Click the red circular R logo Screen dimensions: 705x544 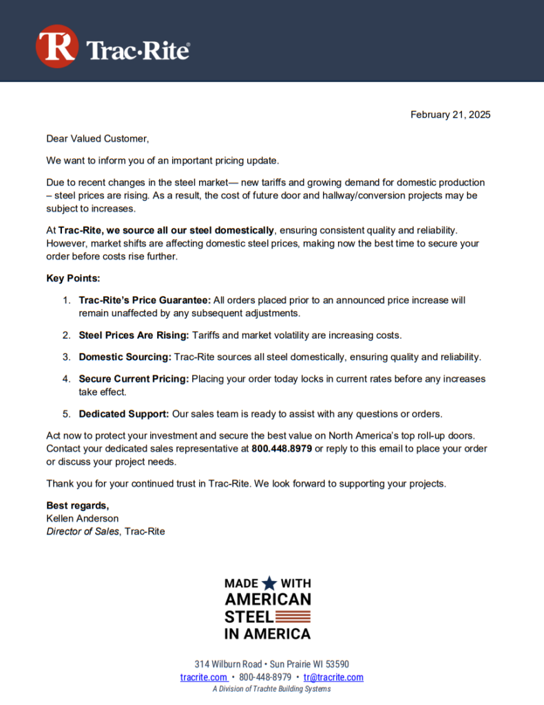(56, 47)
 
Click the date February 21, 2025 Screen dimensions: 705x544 (450, 115)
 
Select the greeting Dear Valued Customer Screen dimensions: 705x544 (97, 138)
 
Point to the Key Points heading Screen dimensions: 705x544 (73, 278)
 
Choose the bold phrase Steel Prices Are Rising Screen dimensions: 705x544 (134, 335)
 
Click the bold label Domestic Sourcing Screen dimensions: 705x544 (125, 357)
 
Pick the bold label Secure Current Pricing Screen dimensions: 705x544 (134, 379)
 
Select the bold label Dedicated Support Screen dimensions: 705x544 (124, 414)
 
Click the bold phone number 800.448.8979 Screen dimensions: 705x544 (282, 448)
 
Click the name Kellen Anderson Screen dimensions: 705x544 (82, 518)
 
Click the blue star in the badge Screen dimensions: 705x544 (269, 583)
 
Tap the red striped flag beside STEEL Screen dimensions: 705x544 (293, 616)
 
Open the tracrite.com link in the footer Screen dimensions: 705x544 (204, 677)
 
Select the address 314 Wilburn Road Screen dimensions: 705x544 (228, 664)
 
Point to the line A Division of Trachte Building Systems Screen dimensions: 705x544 (271, 689)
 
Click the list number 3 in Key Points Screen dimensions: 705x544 (66, 357)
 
